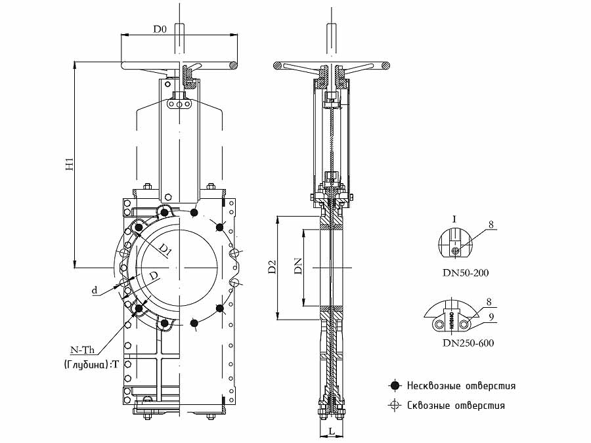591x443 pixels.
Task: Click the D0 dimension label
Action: [160, 29]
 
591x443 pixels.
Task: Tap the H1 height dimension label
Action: [70, 165]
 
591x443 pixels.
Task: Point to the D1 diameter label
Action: [164, 250]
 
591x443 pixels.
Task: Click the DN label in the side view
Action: [298, 266]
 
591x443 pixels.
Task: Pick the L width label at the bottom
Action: [330, 431]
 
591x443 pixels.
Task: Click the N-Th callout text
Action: [83, 350]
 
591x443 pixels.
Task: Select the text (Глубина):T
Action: [92, 364]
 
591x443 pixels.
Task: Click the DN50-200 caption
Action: [466, 272]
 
